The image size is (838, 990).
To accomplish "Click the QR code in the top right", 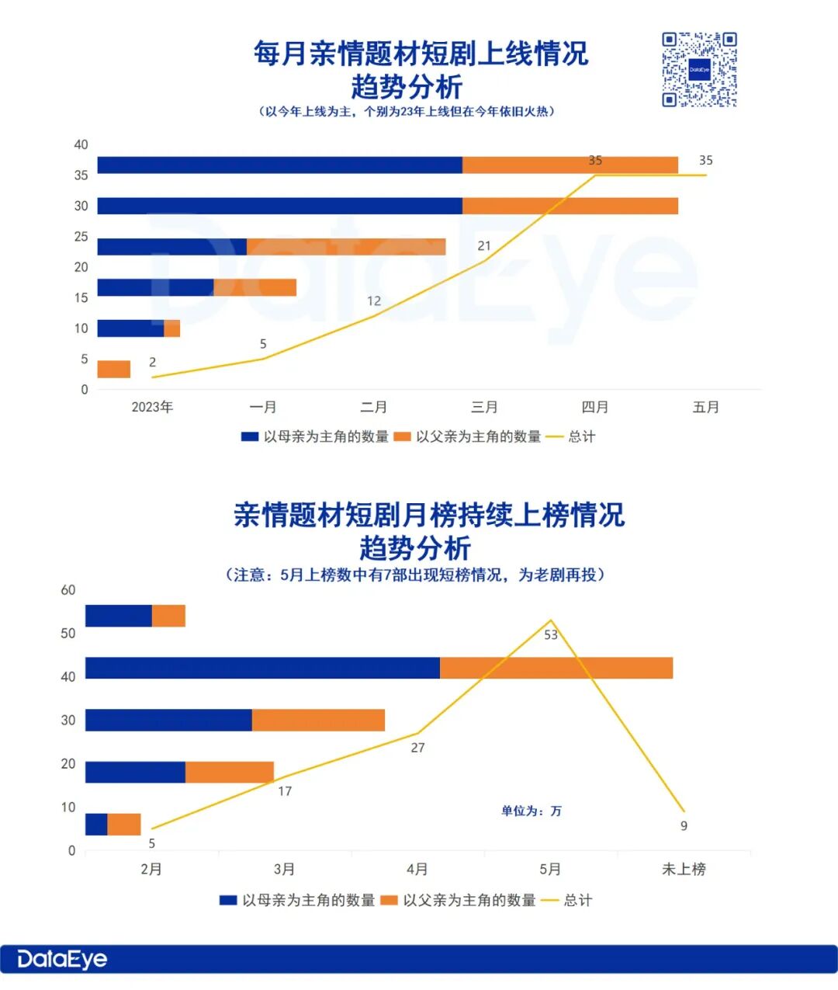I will coord(699,70).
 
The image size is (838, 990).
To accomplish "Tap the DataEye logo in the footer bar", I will coord(62,959).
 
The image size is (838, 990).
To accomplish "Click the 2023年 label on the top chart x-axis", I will coord(152,407).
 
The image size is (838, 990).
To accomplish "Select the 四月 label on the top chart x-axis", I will coord(595,407).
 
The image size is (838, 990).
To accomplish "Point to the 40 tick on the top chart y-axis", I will coord(81,145).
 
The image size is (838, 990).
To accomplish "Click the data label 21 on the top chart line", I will coord(484,246).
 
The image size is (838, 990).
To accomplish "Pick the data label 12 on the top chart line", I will coord(374,301).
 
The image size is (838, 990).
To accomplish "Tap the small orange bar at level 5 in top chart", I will coord(114,370).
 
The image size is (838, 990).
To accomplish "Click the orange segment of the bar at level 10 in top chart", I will coord(171,328).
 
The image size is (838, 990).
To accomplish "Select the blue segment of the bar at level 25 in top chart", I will coord(171,247).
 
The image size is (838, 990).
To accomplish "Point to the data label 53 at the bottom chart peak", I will coord(551,635).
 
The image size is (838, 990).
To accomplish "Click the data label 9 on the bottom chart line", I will coord(684,826).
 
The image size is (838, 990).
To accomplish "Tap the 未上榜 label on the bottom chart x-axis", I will coord(684,870).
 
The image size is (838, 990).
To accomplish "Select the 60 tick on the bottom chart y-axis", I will coord(68,590).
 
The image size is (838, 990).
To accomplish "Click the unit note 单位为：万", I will coord(532,811).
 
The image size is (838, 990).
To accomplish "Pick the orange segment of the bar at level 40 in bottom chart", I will coord(556,669).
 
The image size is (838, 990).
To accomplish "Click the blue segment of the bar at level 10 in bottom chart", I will coord(96,825).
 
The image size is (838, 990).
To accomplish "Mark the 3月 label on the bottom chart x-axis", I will coord(284,870).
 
